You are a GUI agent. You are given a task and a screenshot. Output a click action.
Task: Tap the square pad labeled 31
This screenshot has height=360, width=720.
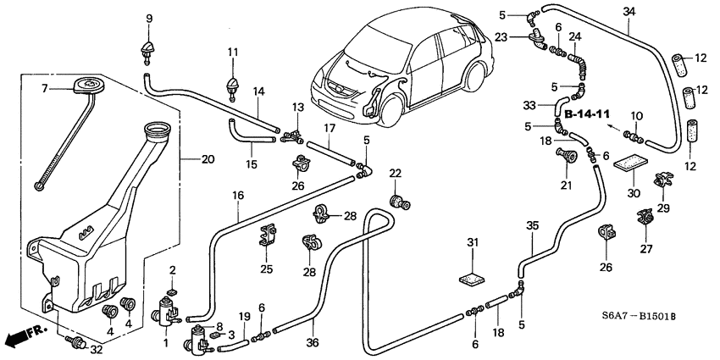click(474, 277)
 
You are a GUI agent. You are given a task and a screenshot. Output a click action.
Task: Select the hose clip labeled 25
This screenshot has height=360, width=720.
click(269, 233)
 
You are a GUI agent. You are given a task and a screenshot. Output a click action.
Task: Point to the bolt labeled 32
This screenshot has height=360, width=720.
click(77, 343)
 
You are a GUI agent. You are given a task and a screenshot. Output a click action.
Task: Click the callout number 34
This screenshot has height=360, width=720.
click(628, 12)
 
